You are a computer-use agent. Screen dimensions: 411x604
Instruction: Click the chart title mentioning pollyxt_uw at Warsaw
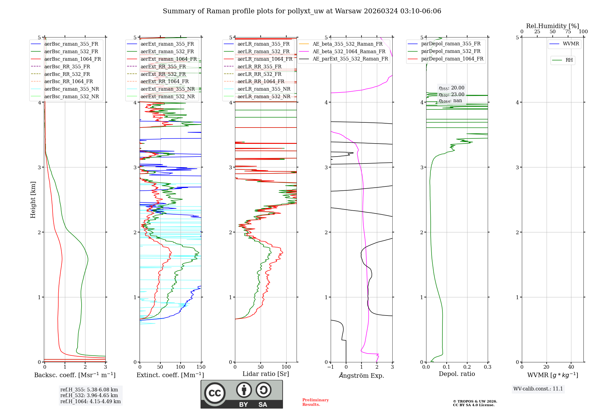[x=302, y=11]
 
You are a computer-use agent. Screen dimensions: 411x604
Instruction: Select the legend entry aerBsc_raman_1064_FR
[x=72, y=59]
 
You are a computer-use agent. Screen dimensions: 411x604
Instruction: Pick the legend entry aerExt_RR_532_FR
[x=163, y=74]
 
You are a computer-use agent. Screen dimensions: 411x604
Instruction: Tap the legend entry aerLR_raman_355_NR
[x=264, y=89]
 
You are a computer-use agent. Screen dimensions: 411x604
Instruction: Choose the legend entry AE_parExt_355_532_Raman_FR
[x=350, y=59]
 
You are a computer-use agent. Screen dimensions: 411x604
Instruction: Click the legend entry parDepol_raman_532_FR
[x=451, y=51]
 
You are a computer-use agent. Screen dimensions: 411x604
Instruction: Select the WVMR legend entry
[x=570, y=44]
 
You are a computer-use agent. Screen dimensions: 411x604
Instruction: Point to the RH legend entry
[x=569, y=60]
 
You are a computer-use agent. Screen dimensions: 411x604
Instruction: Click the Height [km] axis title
[x=33, y=200]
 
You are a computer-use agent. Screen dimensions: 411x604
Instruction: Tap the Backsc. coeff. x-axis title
[x=75, y=375]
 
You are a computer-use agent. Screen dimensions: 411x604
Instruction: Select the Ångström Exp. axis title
[x=361, y=376]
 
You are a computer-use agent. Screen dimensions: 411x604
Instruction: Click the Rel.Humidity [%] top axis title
[x=552, y=26]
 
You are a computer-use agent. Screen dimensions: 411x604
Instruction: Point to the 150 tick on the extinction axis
[x=201, y=367]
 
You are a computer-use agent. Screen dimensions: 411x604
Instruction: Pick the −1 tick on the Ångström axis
[x=330, y=367]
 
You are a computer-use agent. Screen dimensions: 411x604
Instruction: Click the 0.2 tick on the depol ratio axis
[x=467, y=367]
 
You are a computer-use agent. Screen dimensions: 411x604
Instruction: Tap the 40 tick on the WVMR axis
[x=571, y=367]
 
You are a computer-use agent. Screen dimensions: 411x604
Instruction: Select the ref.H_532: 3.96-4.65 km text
[x=89, y=395]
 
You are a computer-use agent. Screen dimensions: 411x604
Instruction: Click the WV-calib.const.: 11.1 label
[x=538, y=389]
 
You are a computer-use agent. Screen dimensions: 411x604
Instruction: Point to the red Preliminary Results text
[x=315, y=402]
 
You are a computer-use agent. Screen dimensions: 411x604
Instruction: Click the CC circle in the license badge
[x=215, y=393]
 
